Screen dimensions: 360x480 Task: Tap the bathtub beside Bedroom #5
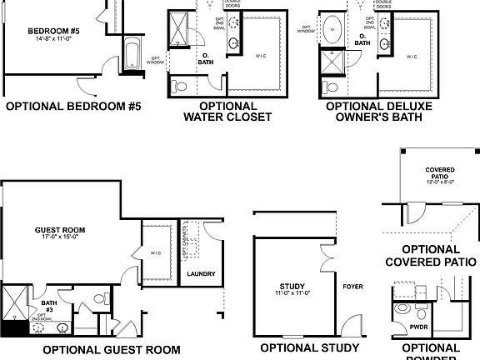132,55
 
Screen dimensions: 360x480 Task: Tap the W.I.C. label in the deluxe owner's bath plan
412,57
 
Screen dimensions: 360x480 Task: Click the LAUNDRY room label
202,273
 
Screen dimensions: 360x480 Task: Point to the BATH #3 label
49,296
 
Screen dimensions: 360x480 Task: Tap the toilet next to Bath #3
100,298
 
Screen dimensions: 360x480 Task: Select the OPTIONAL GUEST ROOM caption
111,350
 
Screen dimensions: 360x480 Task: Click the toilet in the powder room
402,310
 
